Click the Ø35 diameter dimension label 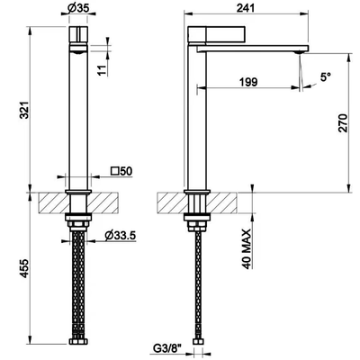[78, 8]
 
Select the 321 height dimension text [24, 111]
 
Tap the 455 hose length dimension [24, 268]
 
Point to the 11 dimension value [103, 70]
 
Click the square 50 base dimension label [121, 171]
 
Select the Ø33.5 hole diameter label [121, 236]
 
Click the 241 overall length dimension [246, 8]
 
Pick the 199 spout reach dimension [248, 82]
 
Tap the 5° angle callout [325, 77]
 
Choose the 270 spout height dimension [343, 123]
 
